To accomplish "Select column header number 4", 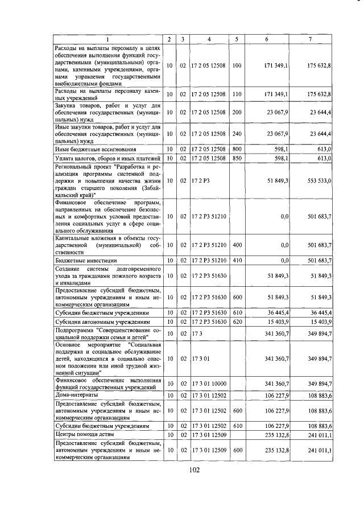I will (209, 39).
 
